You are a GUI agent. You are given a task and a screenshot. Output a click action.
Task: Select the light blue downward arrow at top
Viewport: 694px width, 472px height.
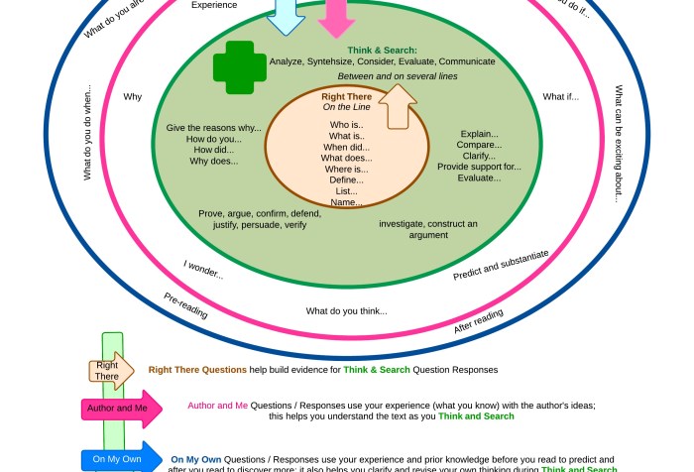286,15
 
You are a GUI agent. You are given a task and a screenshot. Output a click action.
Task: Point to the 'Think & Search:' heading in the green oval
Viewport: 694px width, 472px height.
382,50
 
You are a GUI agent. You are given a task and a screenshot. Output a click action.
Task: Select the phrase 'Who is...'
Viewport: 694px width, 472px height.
346,125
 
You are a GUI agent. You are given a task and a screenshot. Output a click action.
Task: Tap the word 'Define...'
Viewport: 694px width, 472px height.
346,179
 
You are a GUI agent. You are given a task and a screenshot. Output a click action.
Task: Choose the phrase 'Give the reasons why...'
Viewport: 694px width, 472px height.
213,128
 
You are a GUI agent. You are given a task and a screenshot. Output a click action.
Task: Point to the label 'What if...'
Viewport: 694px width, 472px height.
560,97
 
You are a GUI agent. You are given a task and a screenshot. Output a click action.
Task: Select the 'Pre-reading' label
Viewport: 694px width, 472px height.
185,304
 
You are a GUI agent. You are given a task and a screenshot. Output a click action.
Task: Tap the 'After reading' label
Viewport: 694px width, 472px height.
479,321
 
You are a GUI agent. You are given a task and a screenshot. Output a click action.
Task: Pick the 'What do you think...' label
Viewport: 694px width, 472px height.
346,311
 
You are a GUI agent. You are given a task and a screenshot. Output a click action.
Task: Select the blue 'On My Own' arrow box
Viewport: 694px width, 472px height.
119,460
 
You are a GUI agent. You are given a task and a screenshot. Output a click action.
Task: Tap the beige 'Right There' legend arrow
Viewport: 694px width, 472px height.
109,370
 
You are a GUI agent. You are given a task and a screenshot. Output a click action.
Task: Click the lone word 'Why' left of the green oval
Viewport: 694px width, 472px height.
133,97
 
